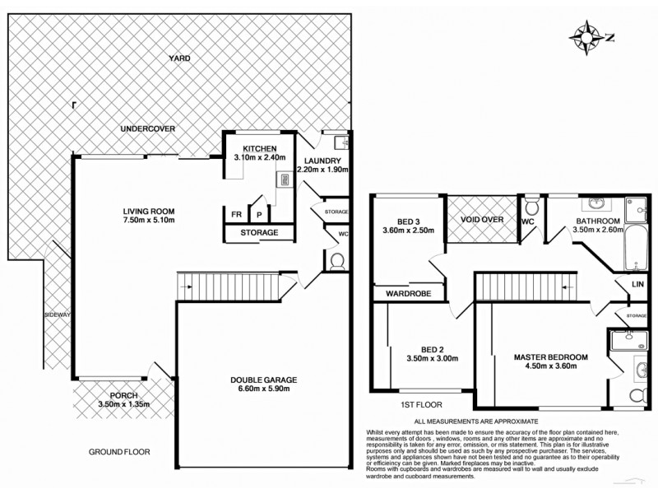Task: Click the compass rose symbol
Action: [x=587, y=36]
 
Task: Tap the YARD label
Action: [x=179, y=58]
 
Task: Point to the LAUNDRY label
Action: [x=322, y=161]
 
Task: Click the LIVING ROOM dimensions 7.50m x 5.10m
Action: [x=149, y=220]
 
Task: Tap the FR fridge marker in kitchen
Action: [x=236, y=214]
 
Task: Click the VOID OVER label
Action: [x=480, y=219]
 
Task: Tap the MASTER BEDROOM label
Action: [x=550, y=357]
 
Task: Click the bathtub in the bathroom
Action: [x=635, y=250]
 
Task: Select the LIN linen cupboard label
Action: [x=637, y=284]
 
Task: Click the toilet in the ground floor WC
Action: [x=336, y=262]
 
